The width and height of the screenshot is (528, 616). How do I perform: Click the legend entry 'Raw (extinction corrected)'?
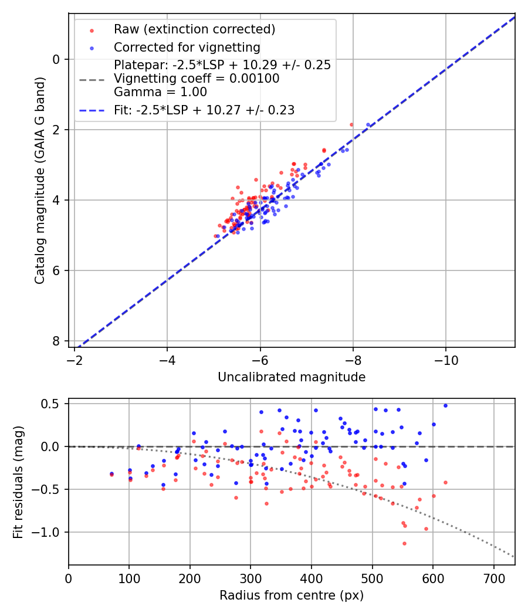[194, 29]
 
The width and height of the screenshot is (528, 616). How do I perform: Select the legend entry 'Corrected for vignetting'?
[187, 47]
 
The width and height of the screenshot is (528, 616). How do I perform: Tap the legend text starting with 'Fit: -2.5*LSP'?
[204, 110]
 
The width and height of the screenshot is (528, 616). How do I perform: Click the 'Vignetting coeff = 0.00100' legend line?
[197, 79]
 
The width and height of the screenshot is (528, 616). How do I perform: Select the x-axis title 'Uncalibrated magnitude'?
[292, 377]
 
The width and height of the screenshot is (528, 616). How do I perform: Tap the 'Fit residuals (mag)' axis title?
[18, 482]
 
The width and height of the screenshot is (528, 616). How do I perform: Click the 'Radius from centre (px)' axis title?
[292, 595]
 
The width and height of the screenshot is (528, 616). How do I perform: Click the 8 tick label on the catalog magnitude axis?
[56, 341]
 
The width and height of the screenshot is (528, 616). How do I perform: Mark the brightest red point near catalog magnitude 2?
[351, 124]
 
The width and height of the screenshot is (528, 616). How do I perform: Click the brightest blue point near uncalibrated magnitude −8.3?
[368, 125]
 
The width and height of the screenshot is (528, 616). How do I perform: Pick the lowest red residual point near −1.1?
[404, 543]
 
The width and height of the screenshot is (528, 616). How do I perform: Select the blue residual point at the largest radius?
[445, 405]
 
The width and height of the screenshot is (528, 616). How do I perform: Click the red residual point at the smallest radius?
[111, 474]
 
